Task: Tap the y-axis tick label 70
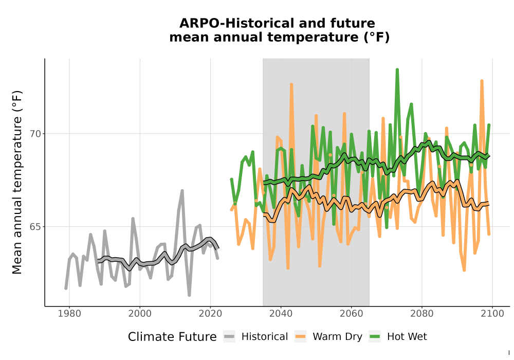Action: (x=36, y=134)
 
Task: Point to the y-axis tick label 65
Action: (x=36, y=227)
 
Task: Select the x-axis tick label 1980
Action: (x=69, y=313)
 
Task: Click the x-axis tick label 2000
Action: (x=140, y=313)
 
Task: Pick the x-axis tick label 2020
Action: (x=210, y=313)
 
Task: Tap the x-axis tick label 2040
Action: (x=281, y=313)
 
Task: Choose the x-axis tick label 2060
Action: (x=352, y=313)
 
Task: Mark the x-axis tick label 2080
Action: (x=422, y=313)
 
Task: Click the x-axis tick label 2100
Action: (x=492, y=313)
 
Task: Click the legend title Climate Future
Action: (x=172, y=337)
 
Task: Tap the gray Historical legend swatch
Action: (x=229, y=336)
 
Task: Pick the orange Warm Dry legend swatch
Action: (x=300, y=336)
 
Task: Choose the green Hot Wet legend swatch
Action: (x=375, y=336)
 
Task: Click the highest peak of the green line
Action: (x=397, y=70)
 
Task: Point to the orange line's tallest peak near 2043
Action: (x=291, y=84)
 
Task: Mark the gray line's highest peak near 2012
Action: (x=182, y=191)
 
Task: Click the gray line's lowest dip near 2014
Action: (x=189, y=295)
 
